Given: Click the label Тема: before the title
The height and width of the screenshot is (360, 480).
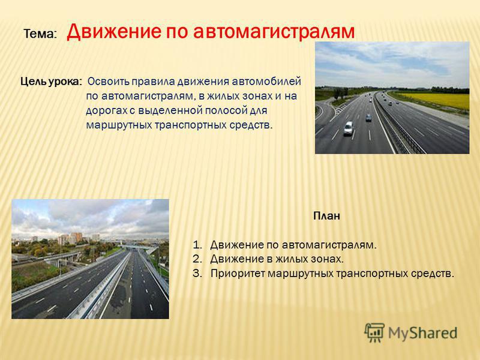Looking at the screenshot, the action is coord(40,34).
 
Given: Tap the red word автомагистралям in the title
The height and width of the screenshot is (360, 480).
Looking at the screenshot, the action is coord(274,32).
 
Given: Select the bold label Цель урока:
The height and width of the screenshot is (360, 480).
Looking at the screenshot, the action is coord(51,82).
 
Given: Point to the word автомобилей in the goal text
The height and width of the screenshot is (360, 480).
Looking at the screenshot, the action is coord(266,82).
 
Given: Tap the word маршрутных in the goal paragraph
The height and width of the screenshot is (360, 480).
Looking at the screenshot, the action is coord(118,125).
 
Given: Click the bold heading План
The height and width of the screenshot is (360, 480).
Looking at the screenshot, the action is coord(326,216).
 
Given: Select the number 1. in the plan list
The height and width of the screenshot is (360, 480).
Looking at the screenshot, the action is coord(198,245).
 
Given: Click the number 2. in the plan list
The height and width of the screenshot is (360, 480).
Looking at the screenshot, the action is coord(198,259).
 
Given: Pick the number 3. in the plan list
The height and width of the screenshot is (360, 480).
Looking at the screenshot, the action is coord(198,273).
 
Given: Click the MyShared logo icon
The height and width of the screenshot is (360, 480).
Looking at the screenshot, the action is coord(374,332).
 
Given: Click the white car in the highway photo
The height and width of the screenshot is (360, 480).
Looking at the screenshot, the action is coord(349,128).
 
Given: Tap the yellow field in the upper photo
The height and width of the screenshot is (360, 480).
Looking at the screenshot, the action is coord(434,100).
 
